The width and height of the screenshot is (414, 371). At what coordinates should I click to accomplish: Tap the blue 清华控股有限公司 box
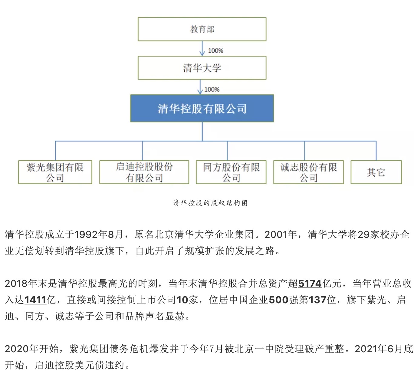(x=202, y=108)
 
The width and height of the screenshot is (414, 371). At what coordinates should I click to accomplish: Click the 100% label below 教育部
(x=215, y=51)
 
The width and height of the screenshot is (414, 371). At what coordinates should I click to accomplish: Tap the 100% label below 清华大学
(x=212, y=89)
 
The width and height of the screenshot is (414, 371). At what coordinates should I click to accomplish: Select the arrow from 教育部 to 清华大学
(x=202, y=48)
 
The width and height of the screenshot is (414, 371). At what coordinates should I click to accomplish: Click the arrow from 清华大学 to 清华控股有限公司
(x=200, y=87)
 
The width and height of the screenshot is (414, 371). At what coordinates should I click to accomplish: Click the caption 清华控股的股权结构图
(x=210, y=203)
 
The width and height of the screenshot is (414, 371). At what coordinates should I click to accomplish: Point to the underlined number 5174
(x=310, y=283)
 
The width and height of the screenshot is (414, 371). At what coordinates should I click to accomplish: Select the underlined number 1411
(x=35, y=300)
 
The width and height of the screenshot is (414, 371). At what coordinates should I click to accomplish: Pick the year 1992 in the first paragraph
(x=86, y=234)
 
